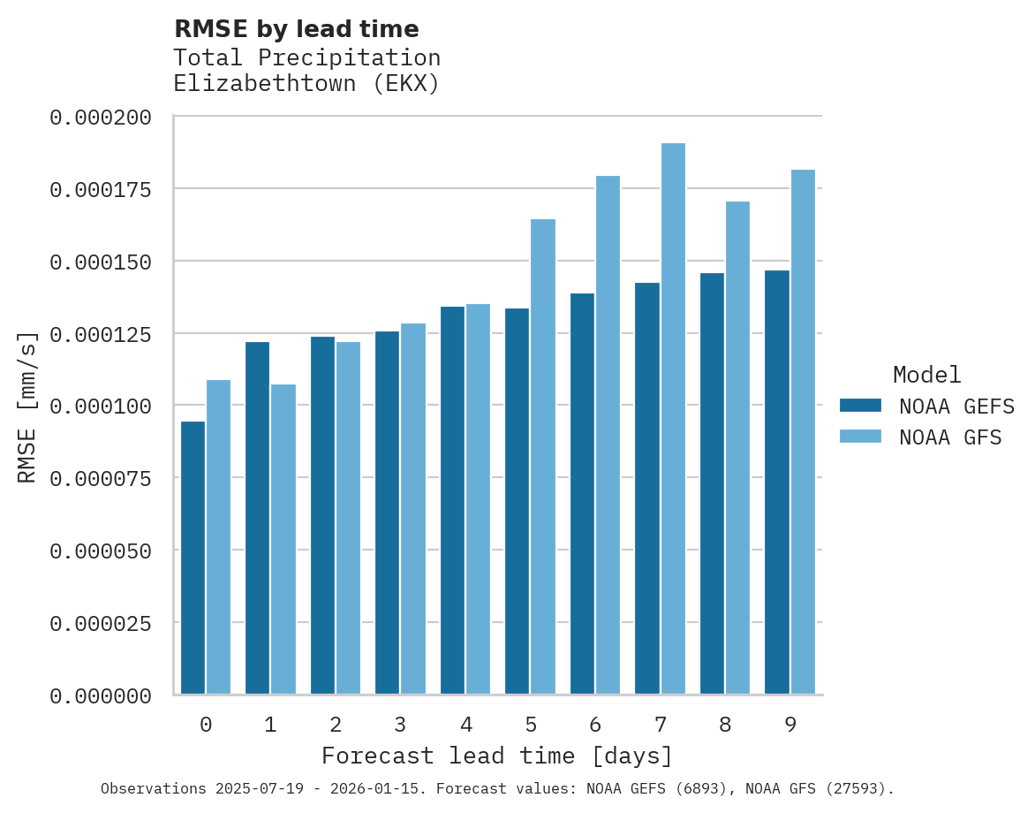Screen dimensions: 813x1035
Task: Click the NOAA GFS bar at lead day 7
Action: [673, 419]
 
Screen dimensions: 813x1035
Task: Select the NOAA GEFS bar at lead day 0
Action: [193, 558]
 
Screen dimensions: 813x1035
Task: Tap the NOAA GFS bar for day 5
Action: [543, 456]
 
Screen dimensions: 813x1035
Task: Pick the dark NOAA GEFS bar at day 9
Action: [777, 482]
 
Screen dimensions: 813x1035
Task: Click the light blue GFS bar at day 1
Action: [283, 539]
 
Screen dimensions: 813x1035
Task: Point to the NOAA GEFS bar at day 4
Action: [452, 500]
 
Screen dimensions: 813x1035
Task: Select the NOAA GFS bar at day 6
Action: [608, 435]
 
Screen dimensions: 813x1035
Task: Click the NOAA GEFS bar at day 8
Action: [712, 483]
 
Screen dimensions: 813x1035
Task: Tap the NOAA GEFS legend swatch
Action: [860, 406]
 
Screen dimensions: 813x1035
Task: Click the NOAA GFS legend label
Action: [950, 437]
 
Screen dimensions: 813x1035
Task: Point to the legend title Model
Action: [926, 375]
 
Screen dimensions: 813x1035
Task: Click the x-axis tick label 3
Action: [400, 725]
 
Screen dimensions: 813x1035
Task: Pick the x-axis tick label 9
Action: [790, 725]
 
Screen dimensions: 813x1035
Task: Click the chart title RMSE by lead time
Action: [296, 29]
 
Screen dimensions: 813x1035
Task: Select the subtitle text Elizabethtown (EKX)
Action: [306, 84]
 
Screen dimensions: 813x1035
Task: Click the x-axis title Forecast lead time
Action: [497, 756]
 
